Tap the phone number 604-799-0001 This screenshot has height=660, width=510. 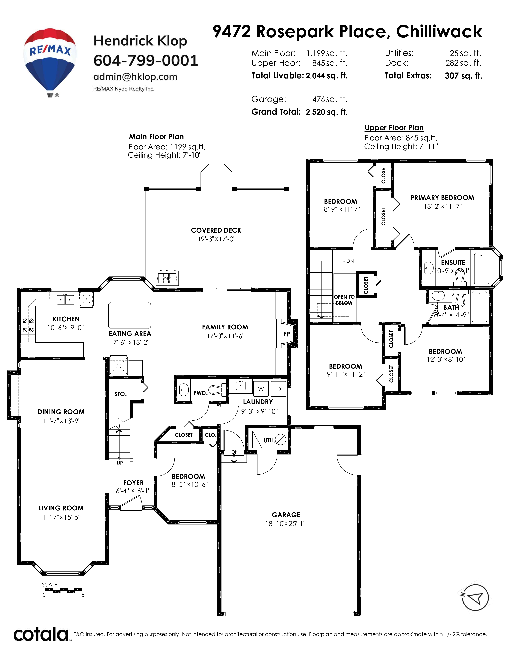point(146,60)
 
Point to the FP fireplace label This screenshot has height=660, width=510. point(286,334)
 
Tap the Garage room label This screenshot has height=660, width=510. point(286,515)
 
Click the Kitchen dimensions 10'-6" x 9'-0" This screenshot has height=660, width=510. point(66,328)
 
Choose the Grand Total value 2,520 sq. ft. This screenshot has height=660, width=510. point(327,112)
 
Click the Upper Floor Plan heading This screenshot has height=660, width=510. point(394,128)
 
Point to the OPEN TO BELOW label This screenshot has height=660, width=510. point(344,300)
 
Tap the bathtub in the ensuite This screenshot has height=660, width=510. point(481,269)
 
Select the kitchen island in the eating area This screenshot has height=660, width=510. point(130,315)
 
